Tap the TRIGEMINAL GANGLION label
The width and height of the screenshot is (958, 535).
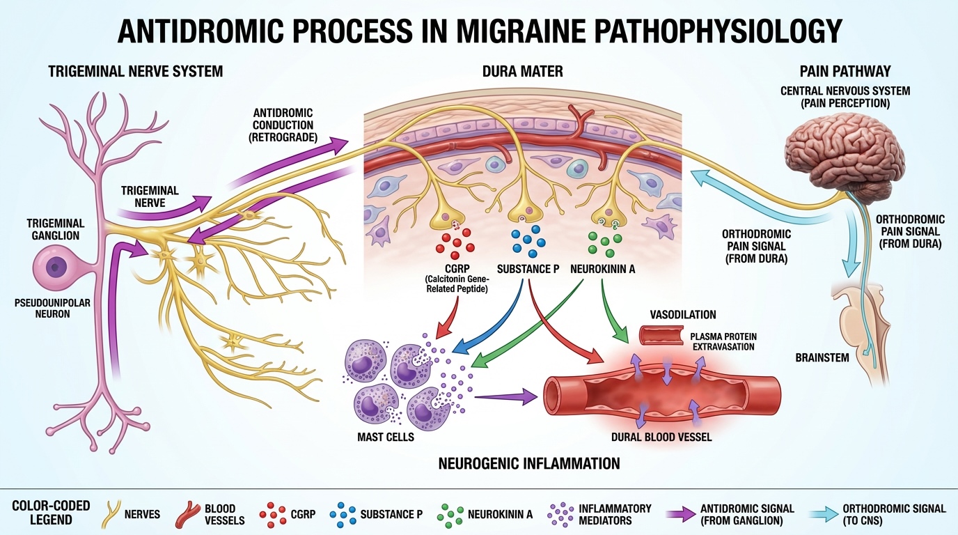pyautogui.click(x=55, y=229)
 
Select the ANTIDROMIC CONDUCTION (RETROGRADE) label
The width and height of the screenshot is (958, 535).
pyautogui.click(x=283, y=125)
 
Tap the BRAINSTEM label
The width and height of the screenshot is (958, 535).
pyautogui.click(x=822, y=357)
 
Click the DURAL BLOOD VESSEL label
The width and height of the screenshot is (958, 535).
pyautogui.click(x=661, y=438)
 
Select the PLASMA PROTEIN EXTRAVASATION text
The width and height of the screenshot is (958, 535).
pyautogui.click(x=722, y=341)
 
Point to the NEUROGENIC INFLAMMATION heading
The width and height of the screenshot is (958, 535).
pyautogui.click(x=529, y=463)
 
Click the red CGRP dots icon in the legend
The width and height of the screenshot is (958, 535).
pyautogui.click(x=274, y=515)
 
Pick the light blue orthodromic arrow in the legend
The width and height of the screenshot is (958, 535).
pyautogui.click(x=822, y=515)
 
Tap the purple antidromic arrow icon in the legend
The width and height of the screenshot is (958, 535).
pyautogui.click(x=680, y=515)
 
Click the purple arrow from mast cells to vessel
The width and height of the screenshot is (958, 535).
pyautogui.click(x=506, y=396)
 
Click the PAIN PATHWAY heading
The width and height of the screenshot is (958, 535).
pyautogui.click(x=845, y=71)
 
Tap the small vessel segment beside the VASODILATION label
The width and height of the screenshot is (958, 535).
pyautogui.click(x=661, y=336)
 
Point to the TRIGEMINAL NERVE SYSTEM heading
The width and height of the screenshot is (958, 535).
pyautogui.click(x=135, y=71)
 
